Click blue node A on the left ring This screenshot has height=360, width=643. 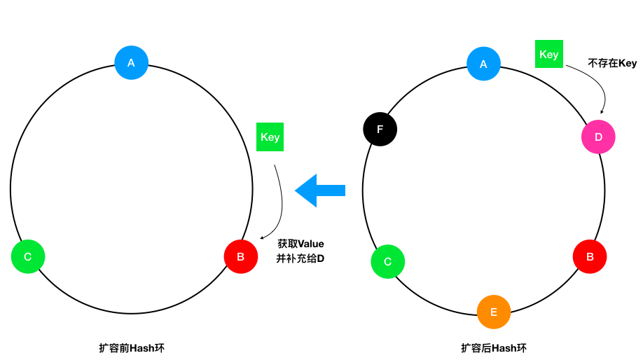(131, 63)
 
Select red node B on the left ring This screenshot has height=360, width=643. (241, 256)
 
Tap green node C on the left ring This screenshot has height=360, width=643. (28, 256)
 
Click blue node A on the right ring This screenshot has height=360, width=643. (483, 64)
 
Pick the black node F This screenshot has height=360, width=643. (380, 129)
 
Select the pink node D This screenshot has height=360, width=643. (598, 137)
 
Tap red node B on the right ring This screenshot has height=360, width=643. (590, 256)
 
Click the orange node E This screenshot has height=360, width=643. (494, 312)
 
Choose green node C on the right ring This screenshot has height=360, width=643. (388, 261)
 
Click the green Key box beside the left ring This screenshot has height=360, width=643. (270, 137)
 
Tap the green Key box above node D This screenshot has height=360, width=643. (549, 54)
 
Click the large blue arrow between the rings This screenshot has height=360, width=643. (320, 191)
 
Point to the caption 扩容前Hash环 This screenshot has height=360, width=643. (132, 348)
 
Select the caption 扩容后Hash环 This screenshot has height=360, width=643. (494, 348)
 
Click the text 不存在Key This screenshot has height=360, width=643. (612, 63)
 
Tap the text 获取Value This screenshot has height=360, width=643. (300, 244)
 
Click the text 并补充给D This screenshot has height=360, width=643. (300, 258)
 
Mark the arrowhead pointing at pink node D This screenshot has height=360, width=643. (602, 111)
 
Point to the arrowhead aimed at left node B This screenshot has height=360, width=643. (263, 237)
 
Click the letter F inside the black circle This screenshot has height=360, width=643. (380, 130)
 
